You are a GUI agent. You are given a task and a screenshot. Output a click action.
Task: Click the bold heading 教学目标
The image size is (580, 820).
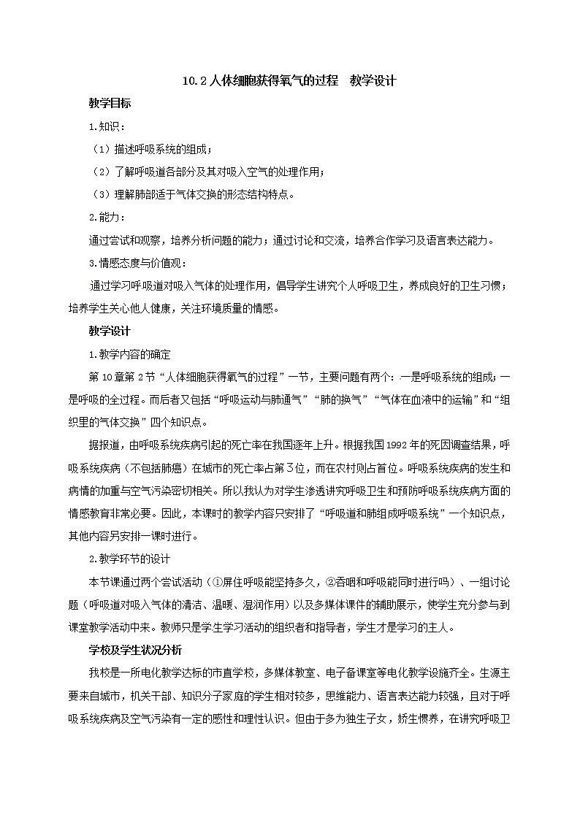[110, 104]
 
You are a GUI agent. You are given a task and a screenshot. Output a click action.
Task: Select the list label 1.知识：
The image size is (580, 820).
[107, 126]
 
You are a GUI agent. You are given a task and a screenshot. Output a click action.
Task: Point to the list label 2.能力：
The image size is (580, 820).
[107, 217]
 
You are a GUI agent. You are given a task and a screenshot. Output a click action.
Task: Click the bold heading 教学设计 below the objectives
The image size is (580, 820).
[110, 331]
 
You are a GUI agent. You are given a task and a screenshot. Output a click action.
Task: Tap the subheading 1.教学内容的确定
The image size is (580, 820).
[129, 354]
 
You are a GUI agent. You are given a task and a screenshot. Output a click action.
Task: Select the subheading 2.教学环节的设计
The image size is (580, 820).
[129, 559]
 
